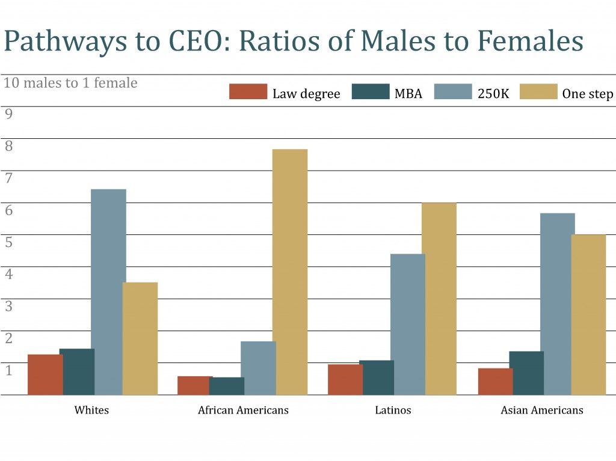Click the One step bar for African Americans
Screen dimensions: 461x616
[290, 272]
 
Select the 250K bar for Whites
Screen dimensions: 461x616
[108, 292]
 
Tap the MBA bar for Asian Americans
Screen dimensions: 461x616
[526, 373]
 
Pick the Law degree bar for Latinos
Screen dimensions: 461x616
[345, 379]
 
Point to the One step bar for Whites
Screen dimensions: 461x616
[140, 338]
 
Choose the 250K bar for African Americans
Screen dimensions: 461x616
[259, 368]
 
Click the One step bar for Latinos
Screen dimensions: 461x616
[439, 299]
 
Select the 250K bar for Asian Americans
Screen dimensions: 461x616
[557, 304]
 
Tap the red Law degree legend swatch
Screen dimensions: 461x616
[248, 92]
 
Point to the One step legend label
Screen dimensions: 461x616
[588, 94]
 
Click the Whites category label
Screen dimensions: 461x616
[91, 411]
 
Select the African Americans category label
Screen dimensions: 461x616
[243, 411]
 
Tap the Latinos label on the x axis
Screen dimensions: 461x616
[393, 411]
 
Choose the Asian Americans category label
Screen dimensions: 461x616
[542, 411]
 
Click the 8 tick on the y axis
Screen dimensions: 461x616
[8, 145]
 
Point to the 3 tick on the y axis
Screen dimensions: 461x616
[8, 305]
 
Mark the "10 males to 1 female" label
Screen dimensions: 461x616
[70, 82]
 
